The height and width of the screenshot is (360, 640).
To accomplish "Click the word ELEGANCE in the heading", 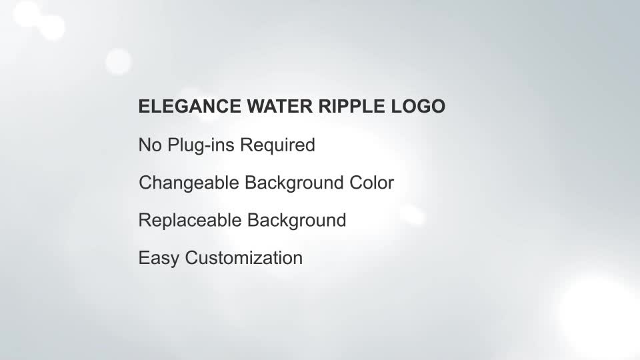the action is tap(190, 106).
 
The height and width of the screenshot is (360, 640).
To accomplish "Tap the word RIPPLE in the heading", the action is tap(351, 106).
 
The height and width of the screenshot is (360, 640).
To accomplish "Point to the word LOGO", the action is tap(418, 106).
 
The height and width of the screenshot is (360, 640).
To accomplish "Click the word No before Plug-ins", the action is tap(150, 145).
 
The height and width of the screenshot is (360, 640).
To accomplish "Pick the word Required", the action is tap(277, 146).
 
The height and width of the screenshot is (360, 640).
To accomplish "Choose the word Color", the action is tap(371, 183).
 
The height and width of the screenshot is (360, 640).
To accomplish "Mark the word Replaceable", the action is tap(190, 220).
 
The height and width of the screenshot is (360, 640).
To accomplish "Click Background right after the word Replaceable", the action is tap(297, 221).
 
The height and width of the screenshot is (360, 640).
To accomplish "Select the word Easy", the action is tap(159, 259).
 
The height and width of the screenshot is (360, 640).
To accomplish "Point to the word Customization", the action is tap(244, 257).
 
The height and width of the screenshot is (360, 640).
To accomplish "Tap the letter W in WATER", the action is tap(256, 106).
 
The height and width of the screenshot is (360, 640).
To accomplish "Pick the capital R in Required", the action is tap(246, 145).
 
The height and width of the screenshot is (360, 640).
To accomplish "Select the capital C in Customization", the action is tap(192, 257).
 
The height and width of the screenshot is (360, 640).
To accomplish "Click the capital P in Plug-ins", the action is tap(173, 145).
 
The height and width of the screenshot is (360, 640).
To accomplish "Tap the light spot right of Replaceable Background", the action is tap(412, 215).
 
